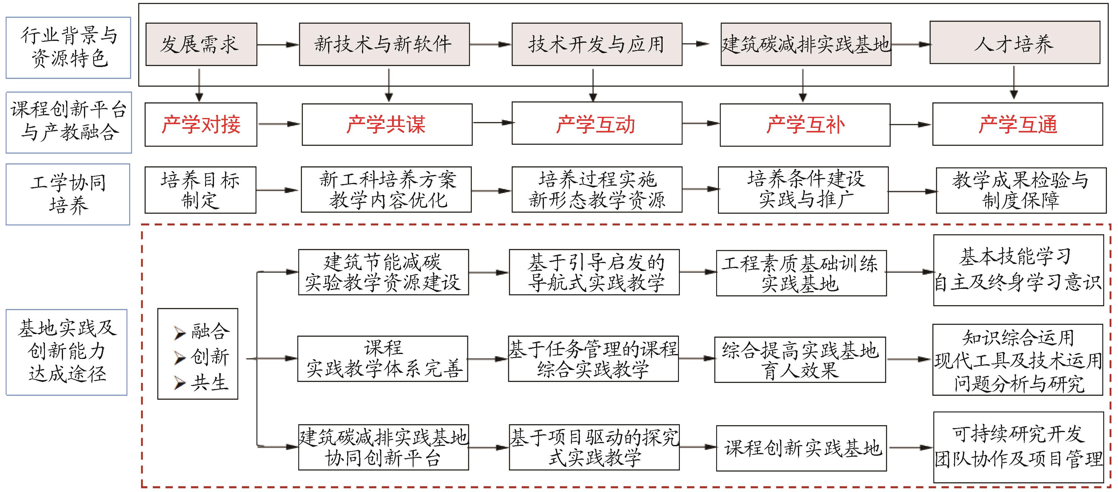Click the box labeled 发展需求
pyautogui.click(x=201, y=44)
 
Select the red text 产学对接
pyautogui.click(x=201, y=124)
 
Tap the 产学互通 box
pyautogui.click(x=1017, y=124)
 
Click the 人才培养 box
pyautogui.click(x=1014, y=43)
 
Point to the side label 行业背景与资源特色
pyautogui.click(x=68, y=48)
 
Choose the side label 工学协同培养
pyautogui.click(x=68, y=194)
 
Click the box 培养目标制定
pyautogui.click(x=200, y=190)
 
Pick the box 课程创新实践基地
pyautogui.click(x=801, y=448)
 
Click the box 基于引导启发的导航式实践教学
pyautogui.click(x=594, y=272)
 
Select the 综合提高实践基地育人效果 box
pyautogui.click(x=800, y=360)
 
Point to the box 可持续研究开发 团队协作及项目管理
pyautogui.click(x=1018, y=447)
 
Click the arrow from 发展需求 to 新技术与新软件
pyautogui.click(x=278, y=44)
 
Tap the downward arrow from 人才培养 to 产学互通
pyautogui.click(x=1014, y=82)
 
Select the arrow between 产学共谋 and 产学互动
pyautogui.click(x=492, y=123)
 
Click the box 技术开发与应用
pyautogui.click(x=597, y=44)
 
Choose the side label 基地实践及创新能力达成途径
pyautogui.click(x=66, y=352)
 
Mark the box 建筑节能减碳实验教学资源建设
pyautogui.click(x=383, y=272)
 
